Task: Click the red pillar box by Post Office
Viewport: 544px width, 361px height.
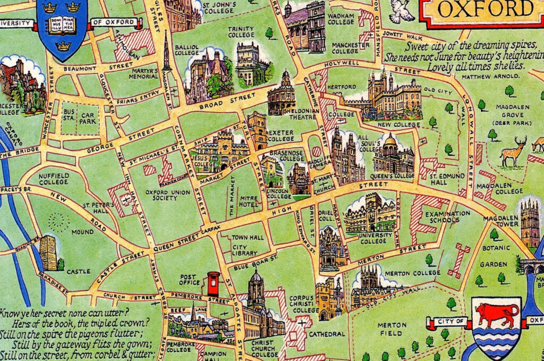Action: tap(213, 283)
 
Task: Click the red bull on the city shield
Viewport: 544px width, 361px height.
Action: tap(497, 315)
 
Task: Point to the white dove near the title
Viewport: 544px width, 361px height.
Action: tap(402, 11)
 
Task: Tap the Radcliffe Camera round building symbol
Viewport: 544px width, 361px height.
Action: tap(316, 151)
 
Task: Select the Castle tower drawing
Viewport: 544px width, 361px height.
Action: tap(48, 253)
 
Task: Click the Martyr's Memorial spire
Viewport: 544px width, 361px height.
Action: tap(166, 52)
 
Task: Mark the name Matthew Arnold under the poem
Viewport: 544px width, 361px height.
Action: tap(491, 77)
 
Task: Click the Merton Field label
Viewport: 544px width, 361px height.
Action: tap(392, 329)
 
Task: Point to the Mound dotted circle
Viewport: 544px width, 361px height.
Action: tap(59, 222)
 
